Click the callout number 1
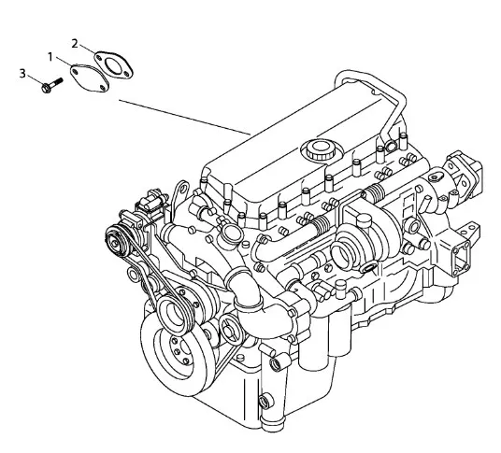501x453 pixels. pyautogui.click(x=50, y=57)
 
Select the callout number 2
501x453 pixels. pyautogui.click(x=75, y=43)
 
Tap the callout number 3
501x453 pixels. pyautogui.click(x=22, y=74)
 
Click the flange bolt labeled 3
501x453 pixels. pyautogui.click(x=51, y=85)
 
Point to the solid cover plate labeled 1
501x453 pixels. pyautogui.click(x=90, y=78)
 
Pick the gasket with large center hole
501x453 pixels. pyautogui.click(x=113, y=65)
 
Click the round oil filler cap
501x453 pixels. pyautogui.click(x=319, y=149)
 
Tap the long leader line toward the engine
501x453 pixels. pyautogui.click(x=185, y=117)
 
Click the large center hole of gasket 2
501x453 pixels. pyautogui.click(x=113, y=65)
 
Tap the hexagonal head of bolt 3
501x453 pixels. pyautogui.click(x=46, y=88)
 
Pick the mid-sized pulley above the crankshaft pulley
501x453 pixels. pyautogui.click(x=175, y=313)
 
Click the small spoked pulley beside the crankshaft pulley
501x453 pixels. pyautogui.click(x=231, y=329)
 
